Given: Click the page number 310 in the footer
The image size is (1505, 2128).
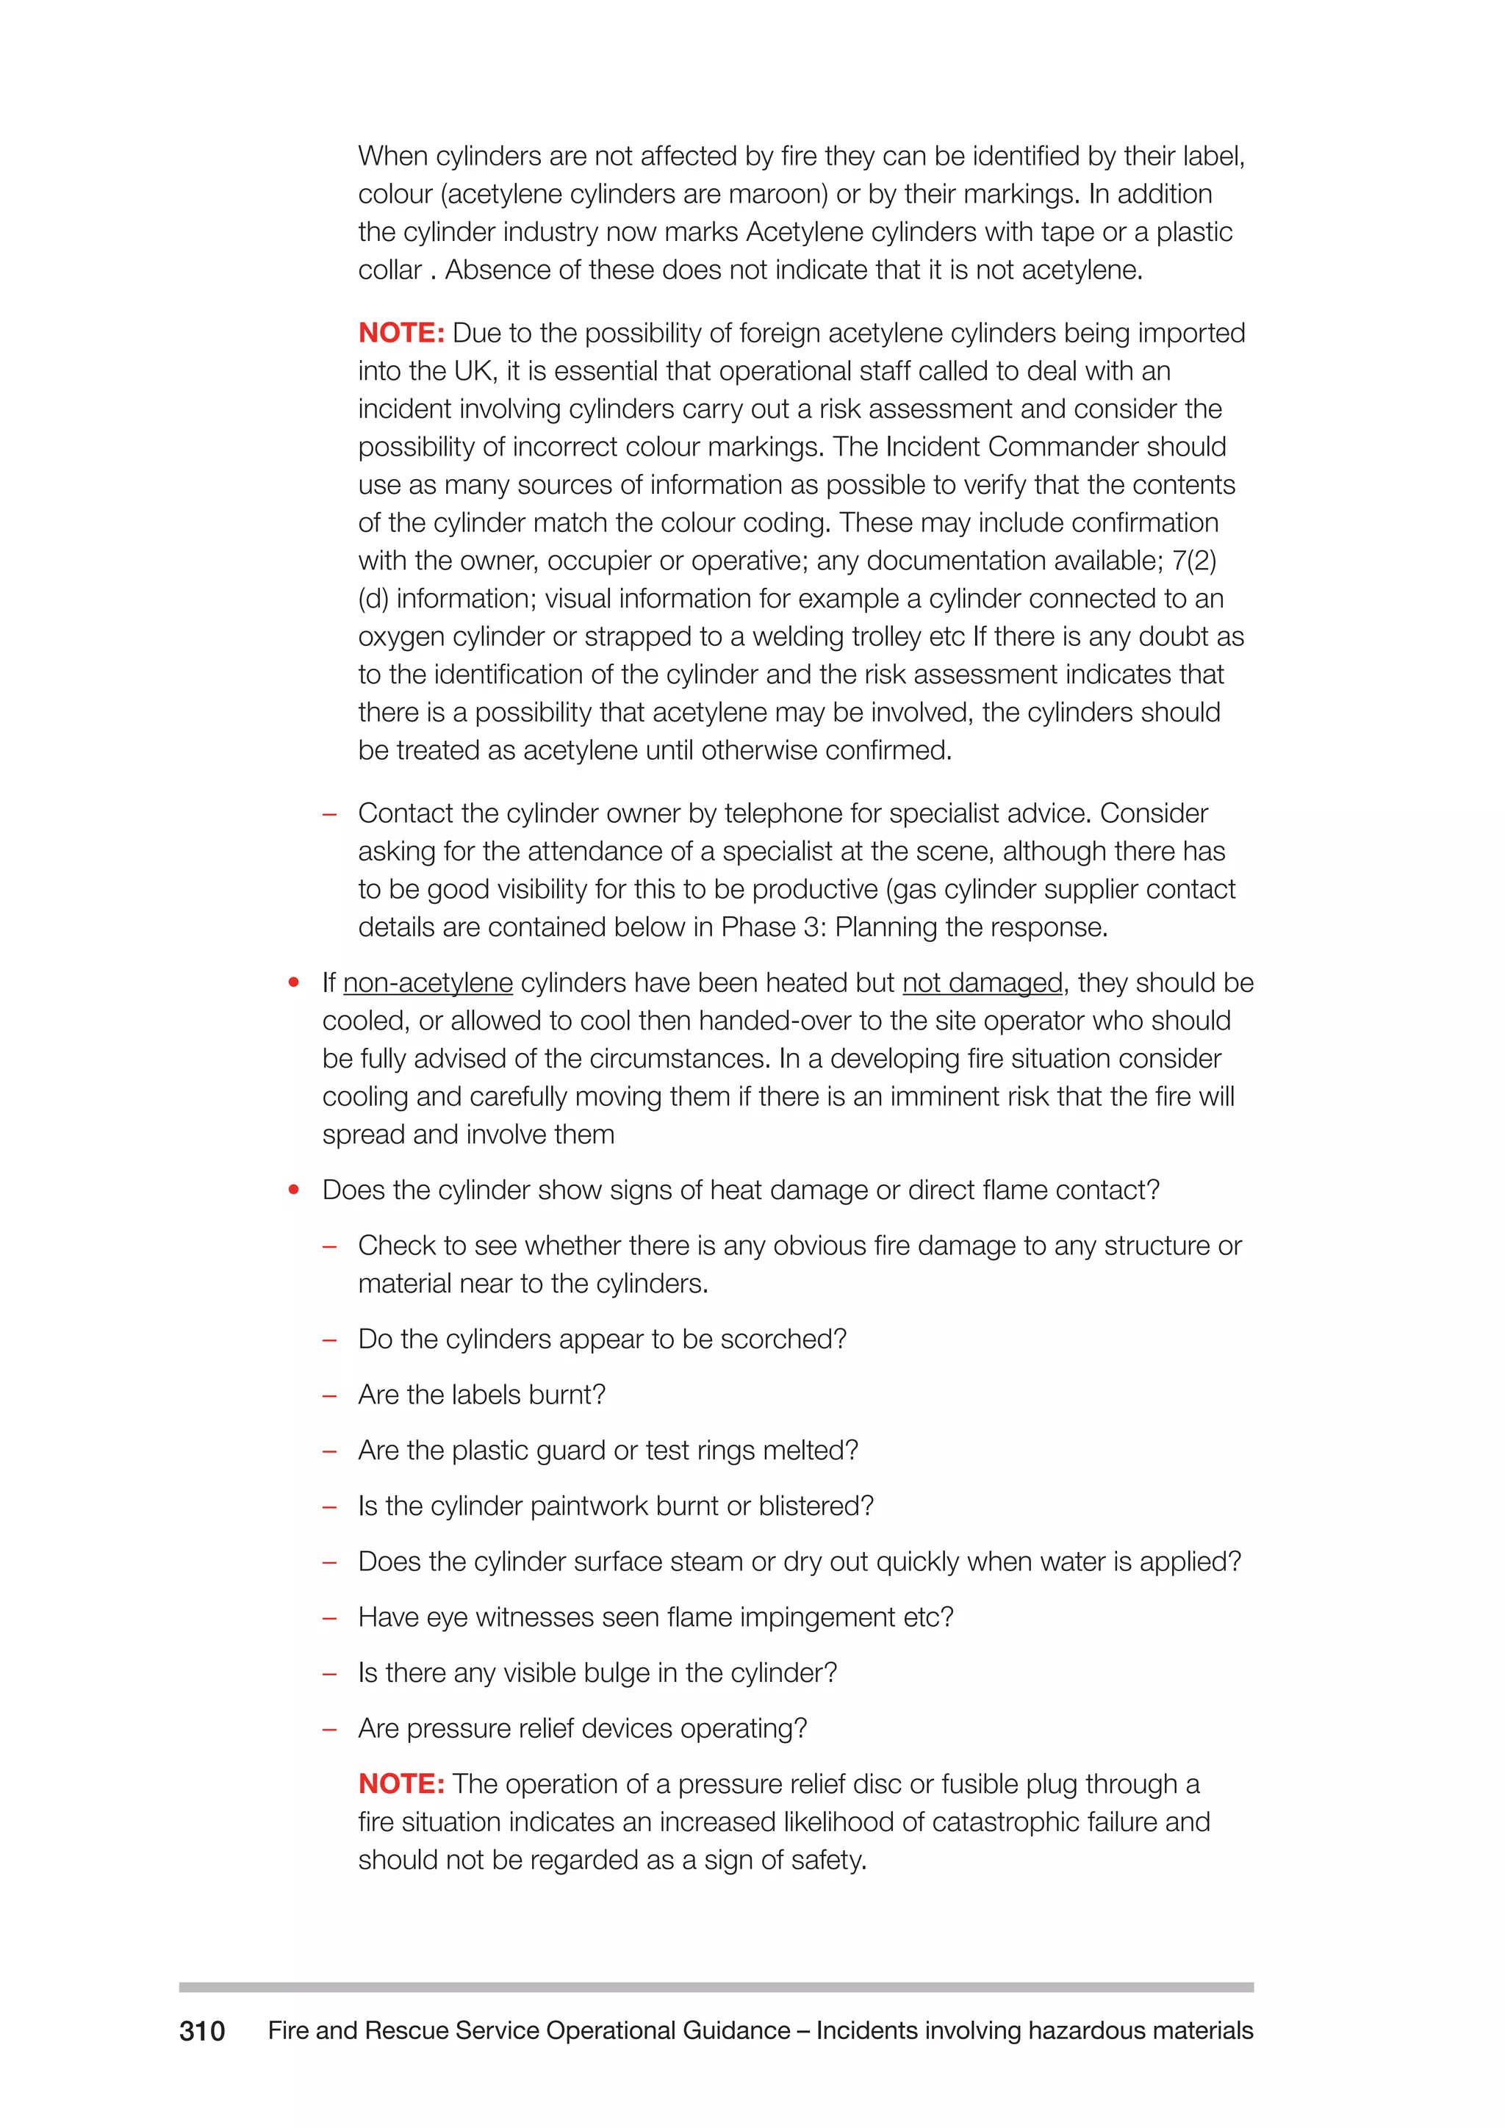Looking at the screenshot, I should point(202,2032).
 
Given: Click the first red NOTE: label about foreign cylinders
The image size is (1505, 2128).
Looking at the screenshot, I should point(401,333).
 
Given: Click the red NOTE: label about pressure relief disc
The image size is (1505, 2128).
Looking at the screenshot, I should point(401,1783).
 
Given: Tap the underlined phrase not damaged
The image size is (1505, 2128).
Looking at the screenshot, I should point(983,982).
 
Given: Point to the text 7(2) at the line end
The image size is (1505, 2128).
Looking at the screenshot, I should point(1195,561).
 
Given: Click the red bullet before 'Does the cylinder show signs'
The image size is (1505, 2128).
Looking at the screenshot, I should point(294,1190).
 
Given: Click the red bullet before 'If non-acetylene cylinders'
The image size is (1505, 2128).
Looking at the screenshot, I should point(294,982).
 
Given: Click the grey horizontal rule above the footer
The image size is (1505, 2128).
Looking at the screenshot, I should point(716,1987).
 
